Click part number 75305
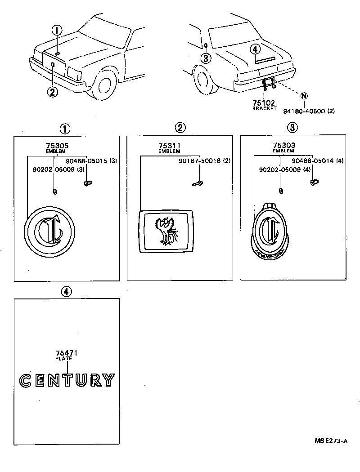coord(57,145)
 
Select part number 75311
coord(170,146)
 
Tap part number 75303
coord(284,145)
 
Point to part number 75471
coord(67,353)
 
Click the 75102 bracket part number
coord(264,102)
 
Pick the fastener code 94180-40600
coord(304,111)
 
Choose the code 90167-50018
coord(200,161)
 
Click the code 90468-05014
coord(313,161)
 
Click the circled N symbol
coord(304,96)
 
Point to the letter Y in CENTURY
coord(108,380)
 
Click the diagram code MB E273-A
coord(331,441)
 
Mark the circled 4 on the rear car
coord(255,49)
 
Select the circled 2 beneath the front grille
coord(52,92)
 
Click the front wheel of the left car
coord(103,85)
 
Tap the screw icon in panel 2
coord(198,183)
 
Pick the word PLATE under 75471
coord(63,359)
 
